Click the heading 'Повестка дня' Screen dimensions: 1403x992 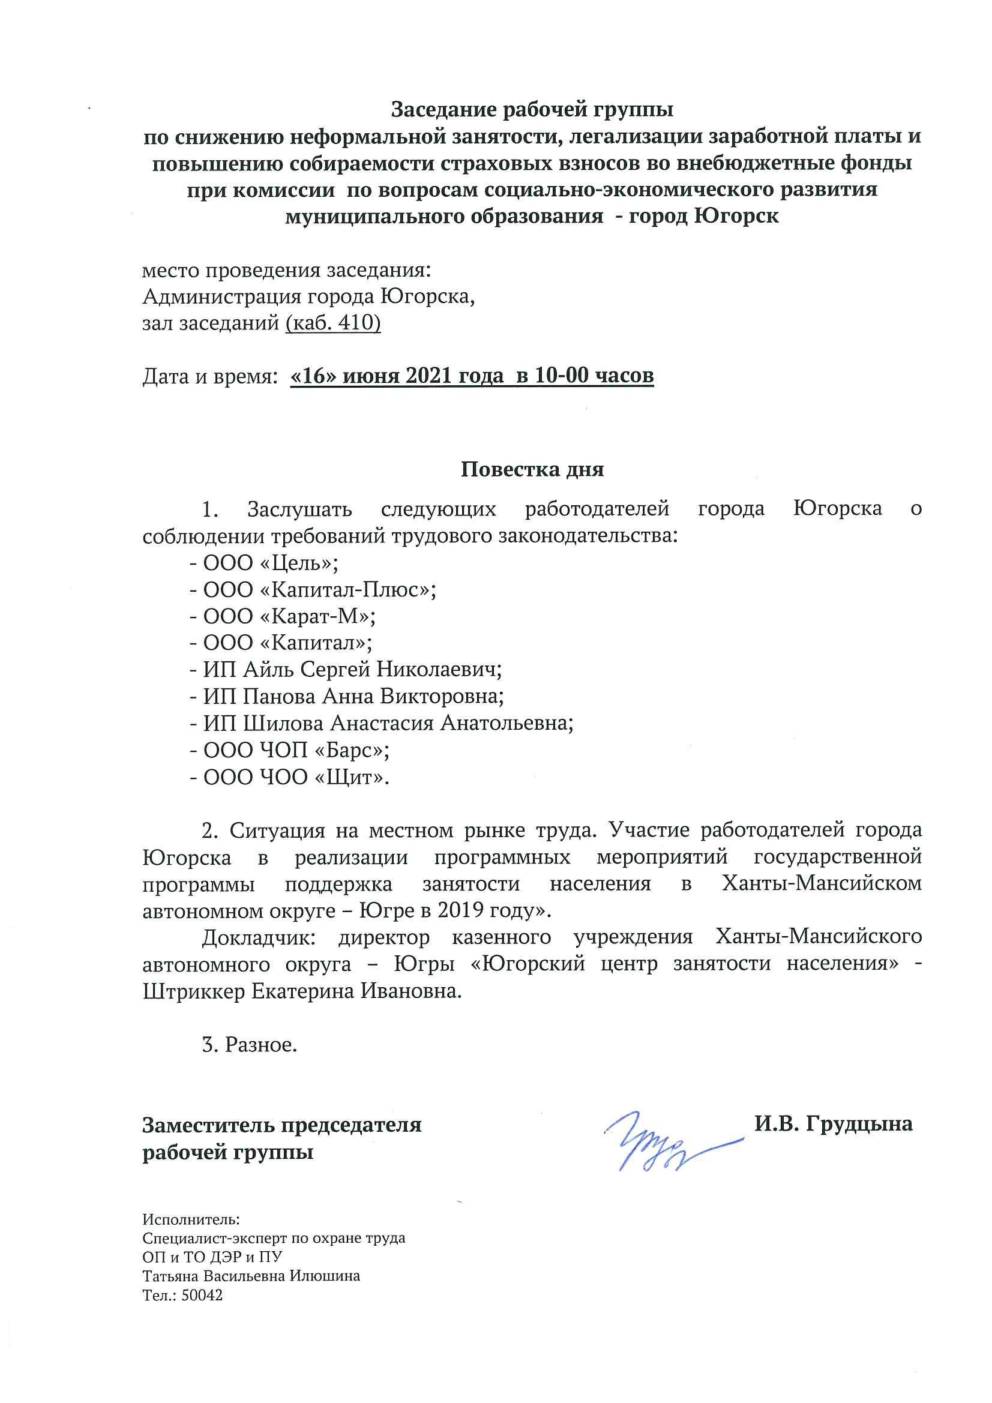point(532,469)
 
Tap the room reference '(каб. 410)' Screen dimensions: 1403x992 point(333,322)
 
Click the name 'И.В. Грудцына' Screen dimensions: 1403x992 point(833,1124)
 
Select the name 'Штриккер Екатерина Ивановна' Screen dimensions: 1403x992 point(302,991)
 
